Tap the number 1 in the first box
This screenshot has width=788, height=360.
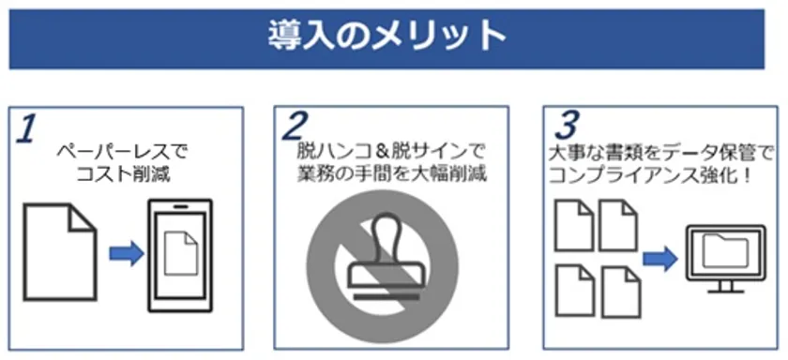[x=25, y=129]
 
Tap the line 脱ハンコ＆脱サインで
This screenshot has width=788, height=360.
[x=390, y=150]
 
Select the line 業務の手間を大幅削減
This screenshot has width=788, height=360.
[x=390, y=173]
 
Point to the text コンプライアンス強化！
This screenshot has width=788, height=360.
[x=652, y=175]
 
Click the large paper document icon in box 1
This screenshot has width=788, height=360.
[x=60, y=252]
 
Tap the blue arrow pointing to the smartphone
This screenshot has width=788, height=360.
[x=126, y=254]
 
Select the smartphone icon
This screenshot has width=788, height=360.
[x=180, y=256]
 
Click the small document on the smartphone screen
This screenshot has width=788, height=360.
[x=181, y=252]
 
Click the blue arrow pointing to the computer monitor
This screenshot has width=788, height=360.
[x=660, y=259]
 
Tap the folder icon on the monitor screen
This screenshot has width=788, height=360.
[x=725, y=251]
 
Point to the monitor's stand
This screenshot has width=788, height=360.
[x=725, y=286]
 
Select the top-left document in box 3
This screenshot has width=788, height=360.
[x=574, y=225]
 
